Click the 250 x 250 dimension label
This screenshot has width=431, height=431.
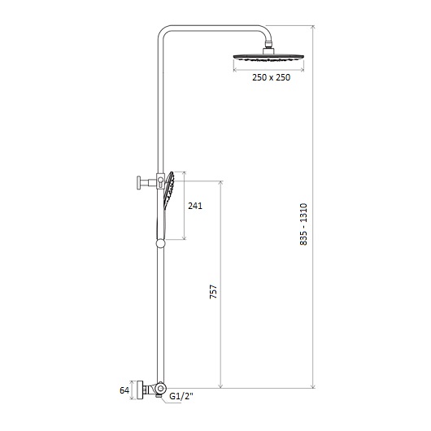271,77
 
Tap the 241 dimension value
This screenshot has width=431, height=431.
195,206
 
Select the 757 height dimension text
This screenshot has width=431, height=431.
213,292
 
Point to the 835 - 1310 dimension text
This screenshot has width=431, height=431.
303,224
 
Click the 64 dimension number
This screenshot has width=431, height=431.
124,390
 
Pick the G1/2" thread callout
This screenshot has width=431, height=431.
181,396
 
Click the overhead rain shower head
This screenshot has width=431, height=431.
268,57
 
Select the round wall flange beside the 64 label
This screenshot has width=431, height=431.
141,390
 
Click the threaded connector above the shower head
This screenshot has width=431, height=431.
268,44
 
